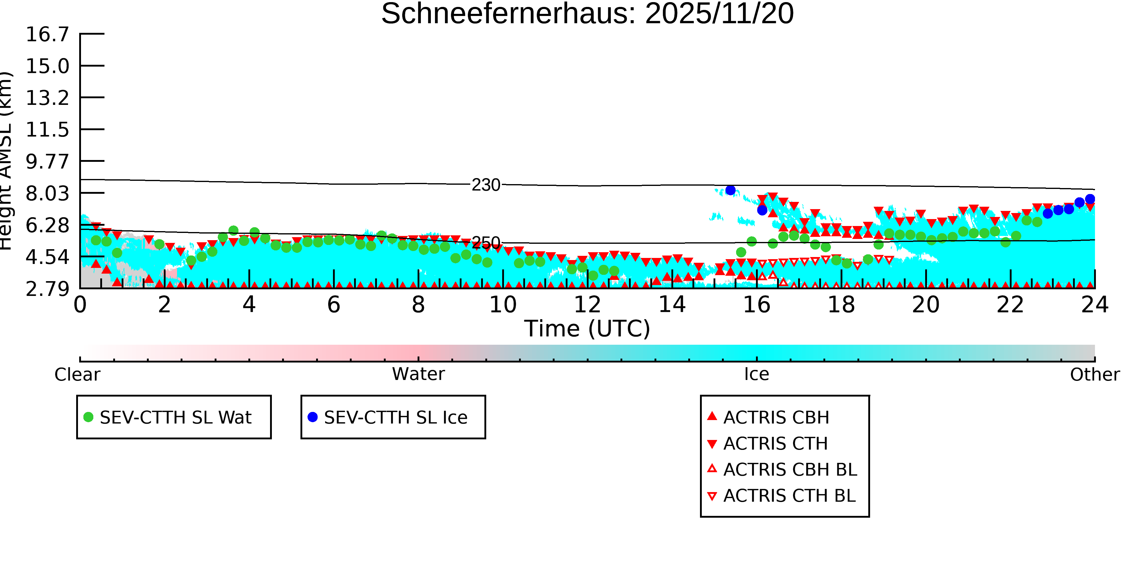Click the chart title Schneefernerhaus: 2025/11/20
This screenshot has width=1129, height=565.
point(587,14)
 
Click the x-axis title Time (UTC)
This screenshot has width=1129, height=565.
point(587,328)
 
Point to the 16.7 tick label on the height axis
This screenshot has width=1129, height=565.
point(47,34)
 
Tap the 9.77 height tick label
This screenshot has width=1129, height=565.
point(47,162)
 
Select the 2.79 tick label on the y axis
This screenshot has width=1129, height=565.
point(47,289)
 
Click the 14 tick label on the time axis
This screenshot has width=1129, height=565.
point(672,305)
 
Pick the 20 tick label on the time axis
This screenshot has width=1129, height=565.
point(926,305)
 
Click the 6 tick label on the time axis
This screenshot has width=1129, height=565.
point(334,305)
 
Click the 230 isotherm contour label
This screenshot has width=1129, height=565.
point(486,185)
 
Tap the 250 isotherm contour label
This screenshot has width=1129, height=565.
point(486,243)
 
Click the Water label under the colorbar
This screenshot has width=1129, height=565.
point(418,374)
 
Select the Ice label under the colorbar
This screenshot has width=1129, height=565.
point(757,374)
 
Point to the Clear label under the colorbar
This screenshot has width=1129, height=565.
point(77,375)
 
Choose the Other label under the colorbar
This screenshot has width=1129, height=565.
point(1095,375)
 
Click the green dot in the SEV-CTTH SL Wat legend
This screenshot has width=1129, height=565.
point(89,417)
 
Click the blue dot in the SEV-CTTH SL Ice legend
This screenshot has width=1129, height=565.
point(313,417)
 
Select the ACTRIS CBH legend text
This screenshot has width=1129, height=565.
point(776,418)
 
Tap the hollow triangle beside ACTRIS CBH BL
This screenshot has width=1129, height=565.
point(712,469)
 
